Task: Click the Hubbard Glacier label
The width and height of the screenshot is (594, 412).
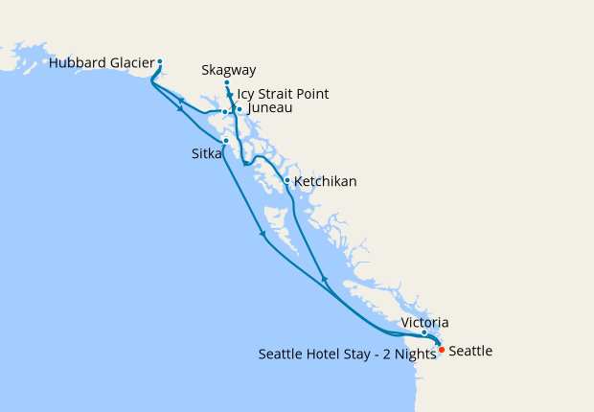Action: [x=101, y=64]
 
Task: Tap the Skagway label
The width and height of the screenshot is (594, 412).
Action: [x=229, y=70]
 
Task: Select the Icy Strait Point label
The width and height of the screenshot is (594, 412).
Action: [x=283, y=94]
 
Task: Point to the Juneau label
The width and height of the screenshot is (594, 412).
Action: [x=269, y=109]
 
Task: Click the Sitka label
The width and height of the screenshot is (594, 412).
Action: [x=206, y=153]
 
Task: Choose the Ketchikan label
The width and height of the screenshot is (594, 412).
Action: [x=326, y=180]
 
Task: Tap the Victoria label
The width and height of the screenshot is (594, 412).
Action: [x=424, y=323]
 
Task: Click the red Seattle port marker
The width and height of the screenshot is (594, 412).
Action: [x=441, y=350]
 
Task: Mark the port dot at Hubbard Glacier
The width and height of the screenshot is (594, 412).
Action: [x=160, y=62]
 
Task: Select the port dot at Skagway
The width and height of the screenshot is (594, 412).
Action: [x=227, y=83]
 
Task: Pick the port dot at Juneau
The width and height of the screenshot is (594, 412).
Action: [x=240, y=110]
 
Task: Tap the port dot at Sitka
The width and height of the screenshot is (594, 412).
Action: [x=225, y=142]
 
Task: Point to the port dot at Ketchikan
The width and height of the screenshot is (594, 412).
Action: [x=286, y=180]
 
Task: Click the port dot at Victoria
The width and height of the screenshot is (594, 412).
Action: [x=424, y=333]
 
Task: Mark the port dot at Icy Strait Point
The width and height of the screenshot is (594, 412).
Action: [x=224, y=112]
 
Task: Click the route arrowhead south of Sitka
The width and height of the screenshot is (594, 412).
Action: [x=263, y=237]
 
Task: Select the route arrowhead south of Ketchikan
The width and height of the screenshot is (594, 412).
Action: [x=324, y=280]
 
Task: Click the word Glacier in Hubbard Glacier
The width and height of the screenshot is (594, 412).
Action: [x=130, y=64]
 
